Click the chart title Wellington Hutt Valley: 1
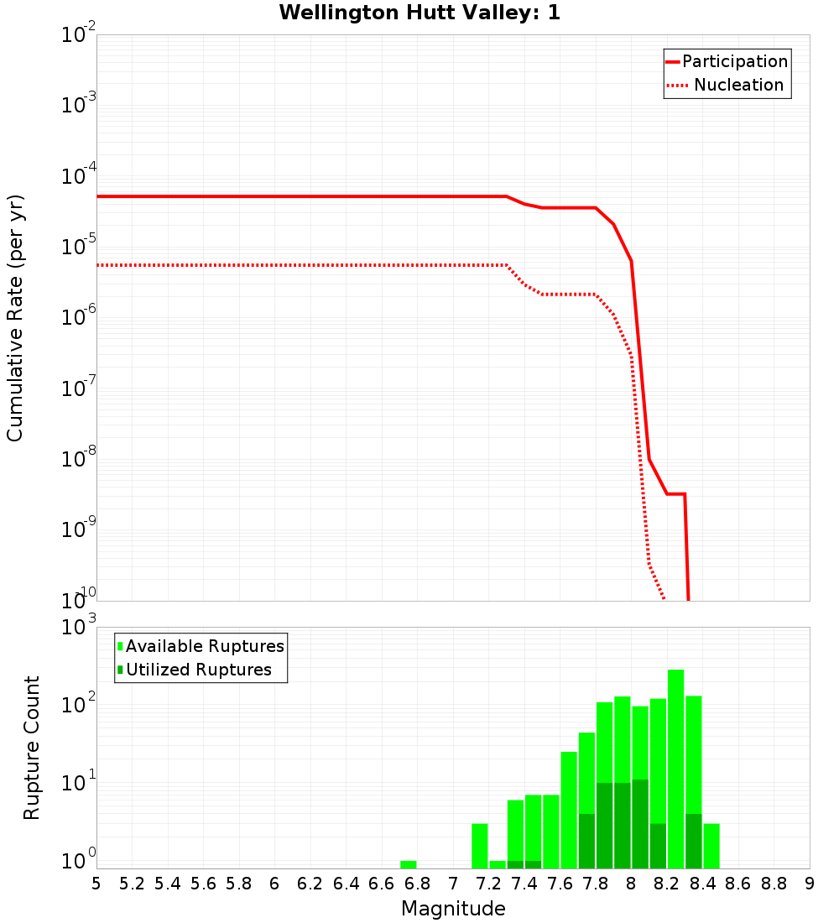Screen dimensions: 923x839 (x=419, y=13)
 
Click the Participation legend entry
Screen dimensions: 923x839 (x=727, y=61)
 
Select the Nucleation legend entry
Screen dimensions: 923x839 (x=727, y=86)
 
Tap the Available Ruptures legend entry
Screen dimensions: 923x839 (x=201, y=646)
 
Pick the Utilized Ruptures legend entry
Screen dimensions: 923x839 (x=195, y=670)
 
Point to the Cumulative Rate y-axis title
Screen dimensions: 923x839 (x=15, y=317)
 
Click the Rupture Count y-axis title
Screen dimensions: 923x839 (x=32, y=747)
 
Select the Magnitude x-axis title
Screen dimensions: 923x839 (x=453, y=909)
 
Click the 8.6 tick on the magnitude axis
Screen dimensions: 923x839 (x=738, y=884)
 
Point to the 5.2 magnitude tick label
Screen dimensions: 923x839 (x=132, y=884)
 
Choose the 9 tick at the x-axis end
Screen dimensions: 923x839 (x=810, y=884)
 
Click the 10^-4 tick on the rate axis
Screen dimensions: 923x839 (x=79, y=176)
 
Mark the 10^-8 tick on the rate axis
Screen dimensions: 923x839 (x=79, y=459)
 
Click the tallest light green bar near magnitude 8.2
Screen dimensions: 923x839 (x=675, y=755)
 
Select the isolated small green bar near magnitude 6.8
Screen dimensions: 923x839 (x=409, y=864)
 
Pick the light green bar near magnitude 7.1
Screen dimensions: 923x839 (x=480, y=846)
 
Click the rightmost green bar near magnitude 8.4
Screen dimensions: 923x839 (x=711, y=846)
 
